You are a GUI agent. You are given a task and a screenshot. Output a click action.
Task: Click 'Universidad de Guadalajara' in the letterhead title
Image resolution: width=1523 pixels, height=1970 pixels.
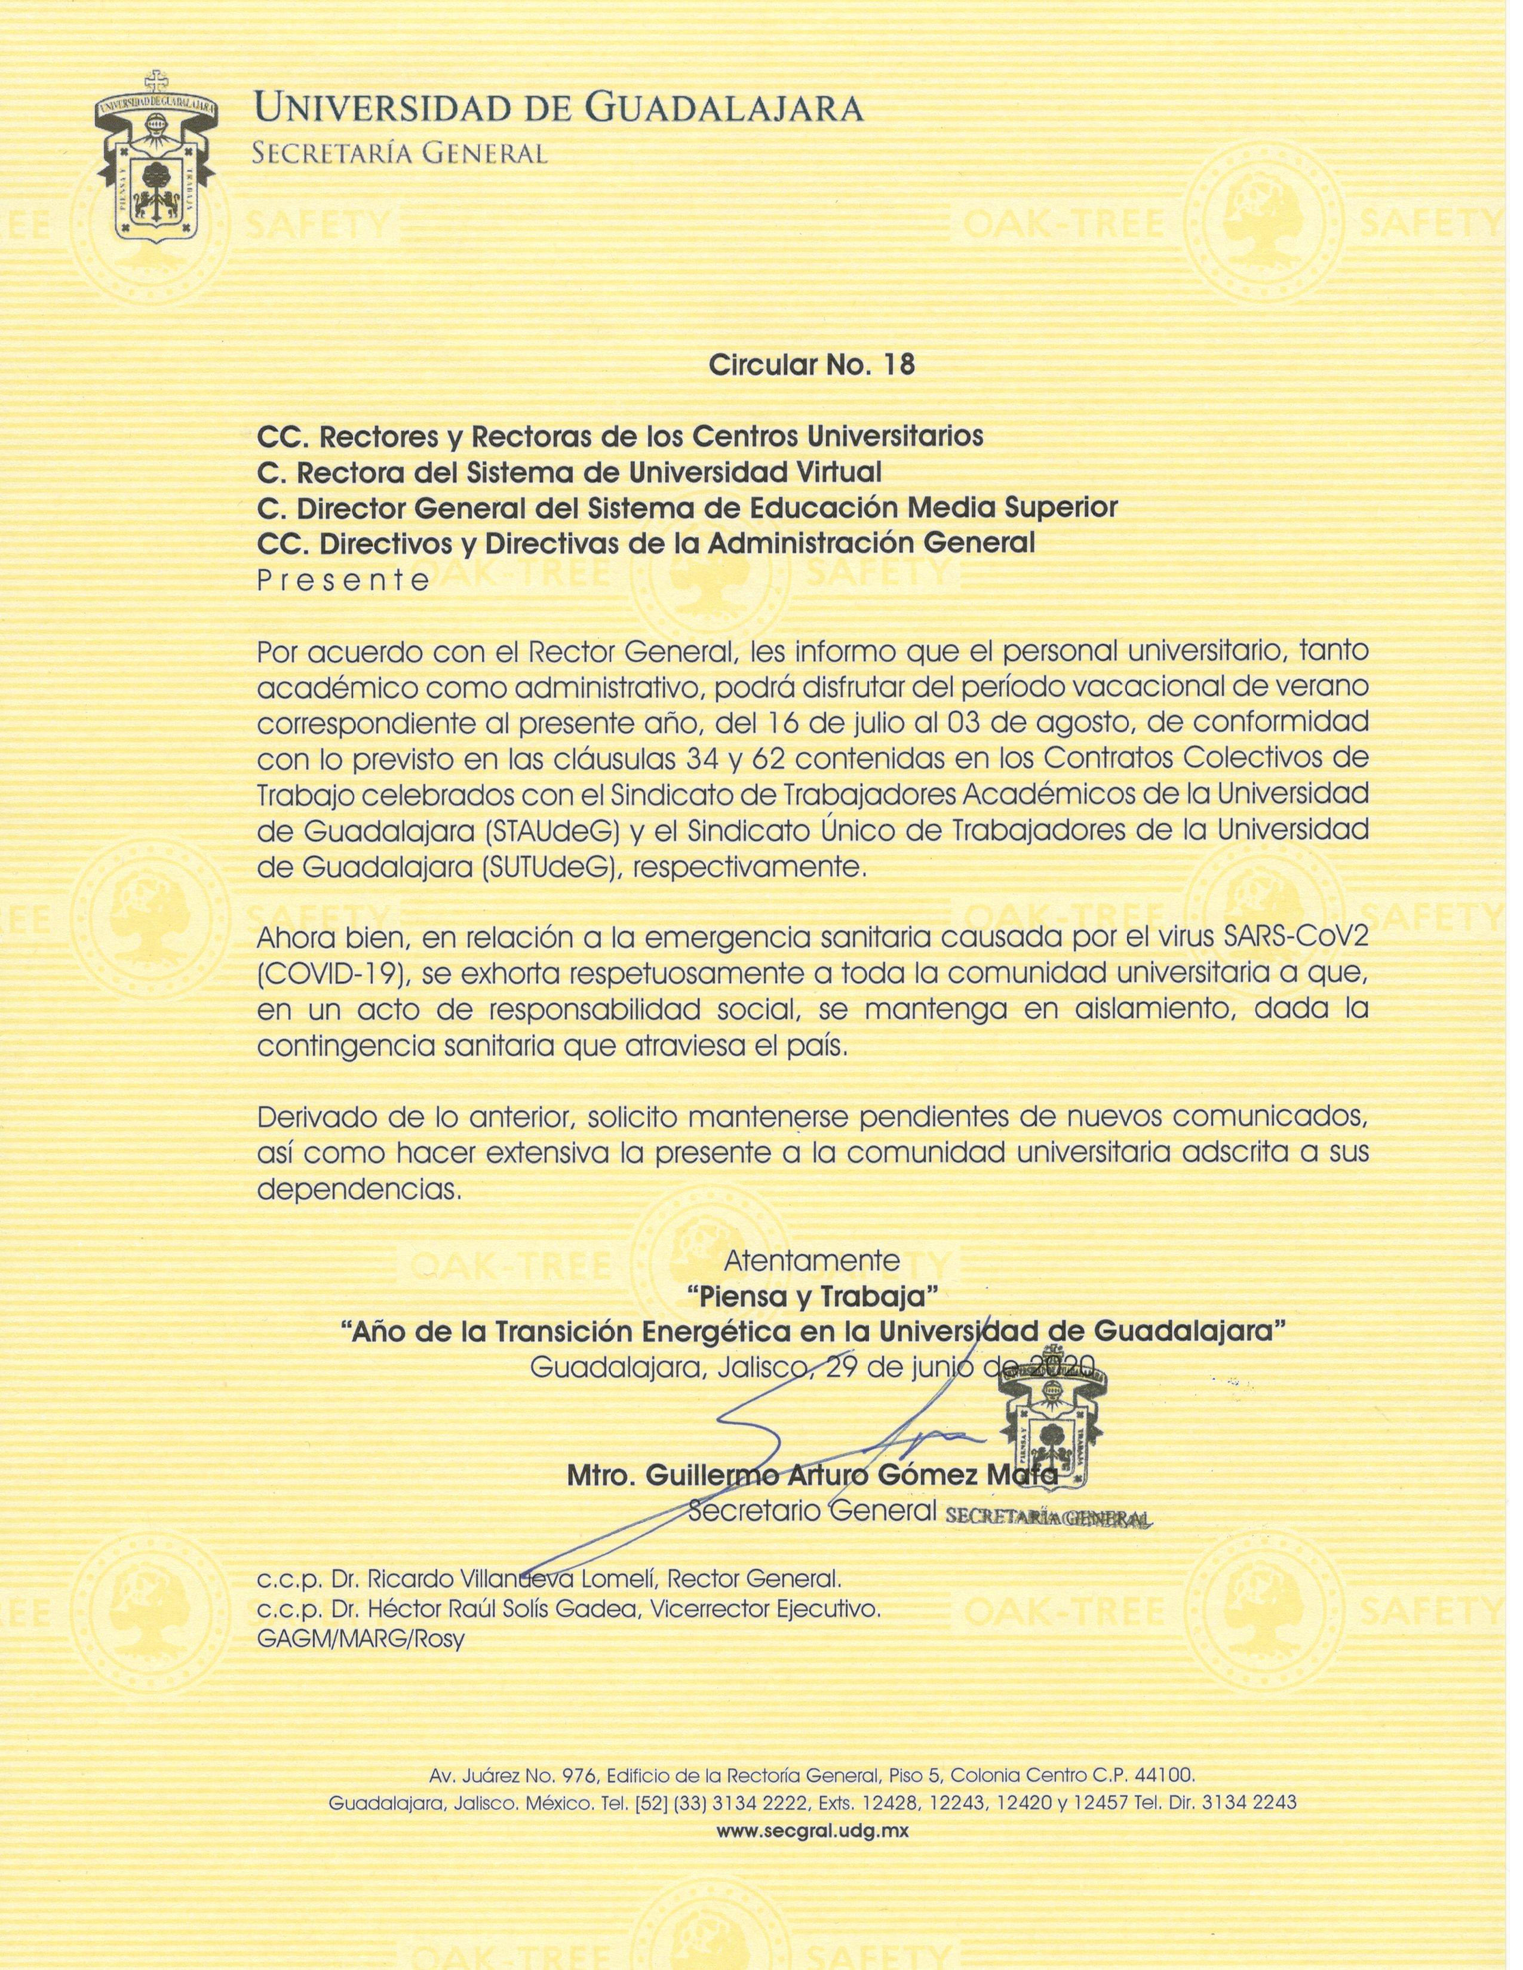tap(560, 110)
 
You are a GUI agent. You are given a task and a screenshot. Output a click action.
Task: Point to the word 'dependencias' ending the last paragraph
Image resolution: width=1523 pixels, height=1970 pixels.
tap(359, 1190)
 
